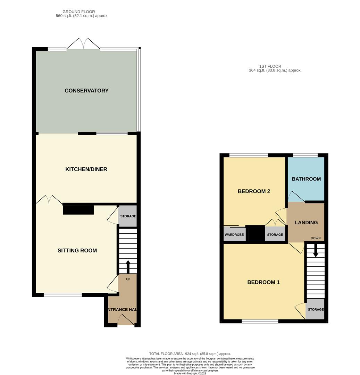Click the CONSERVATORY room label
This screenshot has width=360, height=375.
click(x=86, y=91)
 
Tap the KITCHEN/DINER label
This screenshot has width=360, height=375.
click(x=86, y=169)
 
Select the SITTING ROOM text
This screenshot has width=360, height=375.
click(x=77, y=251)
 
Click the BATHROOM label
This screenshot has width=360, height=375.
click(x=306, y=179)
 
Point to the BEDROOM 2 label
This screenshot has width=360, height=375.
click(x=254, y=191)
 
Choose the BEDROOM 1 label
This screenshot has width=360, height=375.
click(x=263, y=282)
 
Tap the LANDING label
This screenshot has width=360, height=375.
click(x=306, y=223)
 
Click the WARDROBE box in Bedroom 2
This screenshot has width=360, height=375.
click(x=234, y=234)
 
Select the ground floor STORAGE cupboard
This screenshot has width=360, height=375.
click(x=128, y=216)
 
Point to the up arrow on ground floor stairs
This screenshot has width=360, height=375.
click(x=128, y=267)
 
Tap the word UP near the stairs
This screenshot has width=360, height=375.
click(x=128, y=279)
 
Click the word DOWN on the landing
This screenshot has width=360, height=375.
click(x=316, y=238)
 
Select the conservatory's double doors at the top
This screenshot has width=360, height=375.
click(x=83, y=44)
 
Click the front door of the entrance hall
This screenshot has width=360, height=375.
click(x=126, y=319)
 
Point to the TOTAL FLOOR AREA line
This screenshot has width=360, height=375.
click(x=190, y=354)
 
